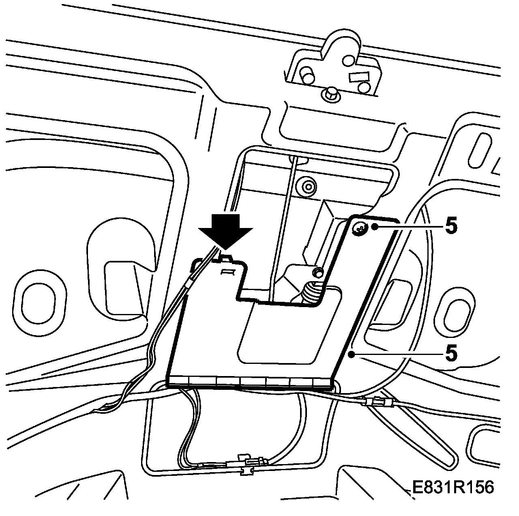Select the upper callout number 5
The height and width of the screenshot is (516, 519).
click(451, 227)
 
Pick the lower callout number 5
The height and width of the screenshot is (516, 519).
click(451, 353)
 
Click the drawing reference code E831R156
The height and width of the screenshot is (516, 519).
click(453, 487)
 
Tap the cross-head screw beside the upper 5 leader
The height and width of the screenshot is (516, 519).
click(359, 229)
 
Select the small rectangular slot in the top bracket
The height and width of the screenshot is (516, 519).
click(358, 76)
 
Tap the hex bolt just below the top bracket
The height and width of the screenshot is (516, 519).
click(331, 94)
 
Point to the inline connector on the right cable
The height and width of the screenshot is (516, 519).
click(379, 403)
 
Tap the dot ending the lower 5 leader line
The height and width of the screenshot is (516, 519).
click(351, 355)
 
